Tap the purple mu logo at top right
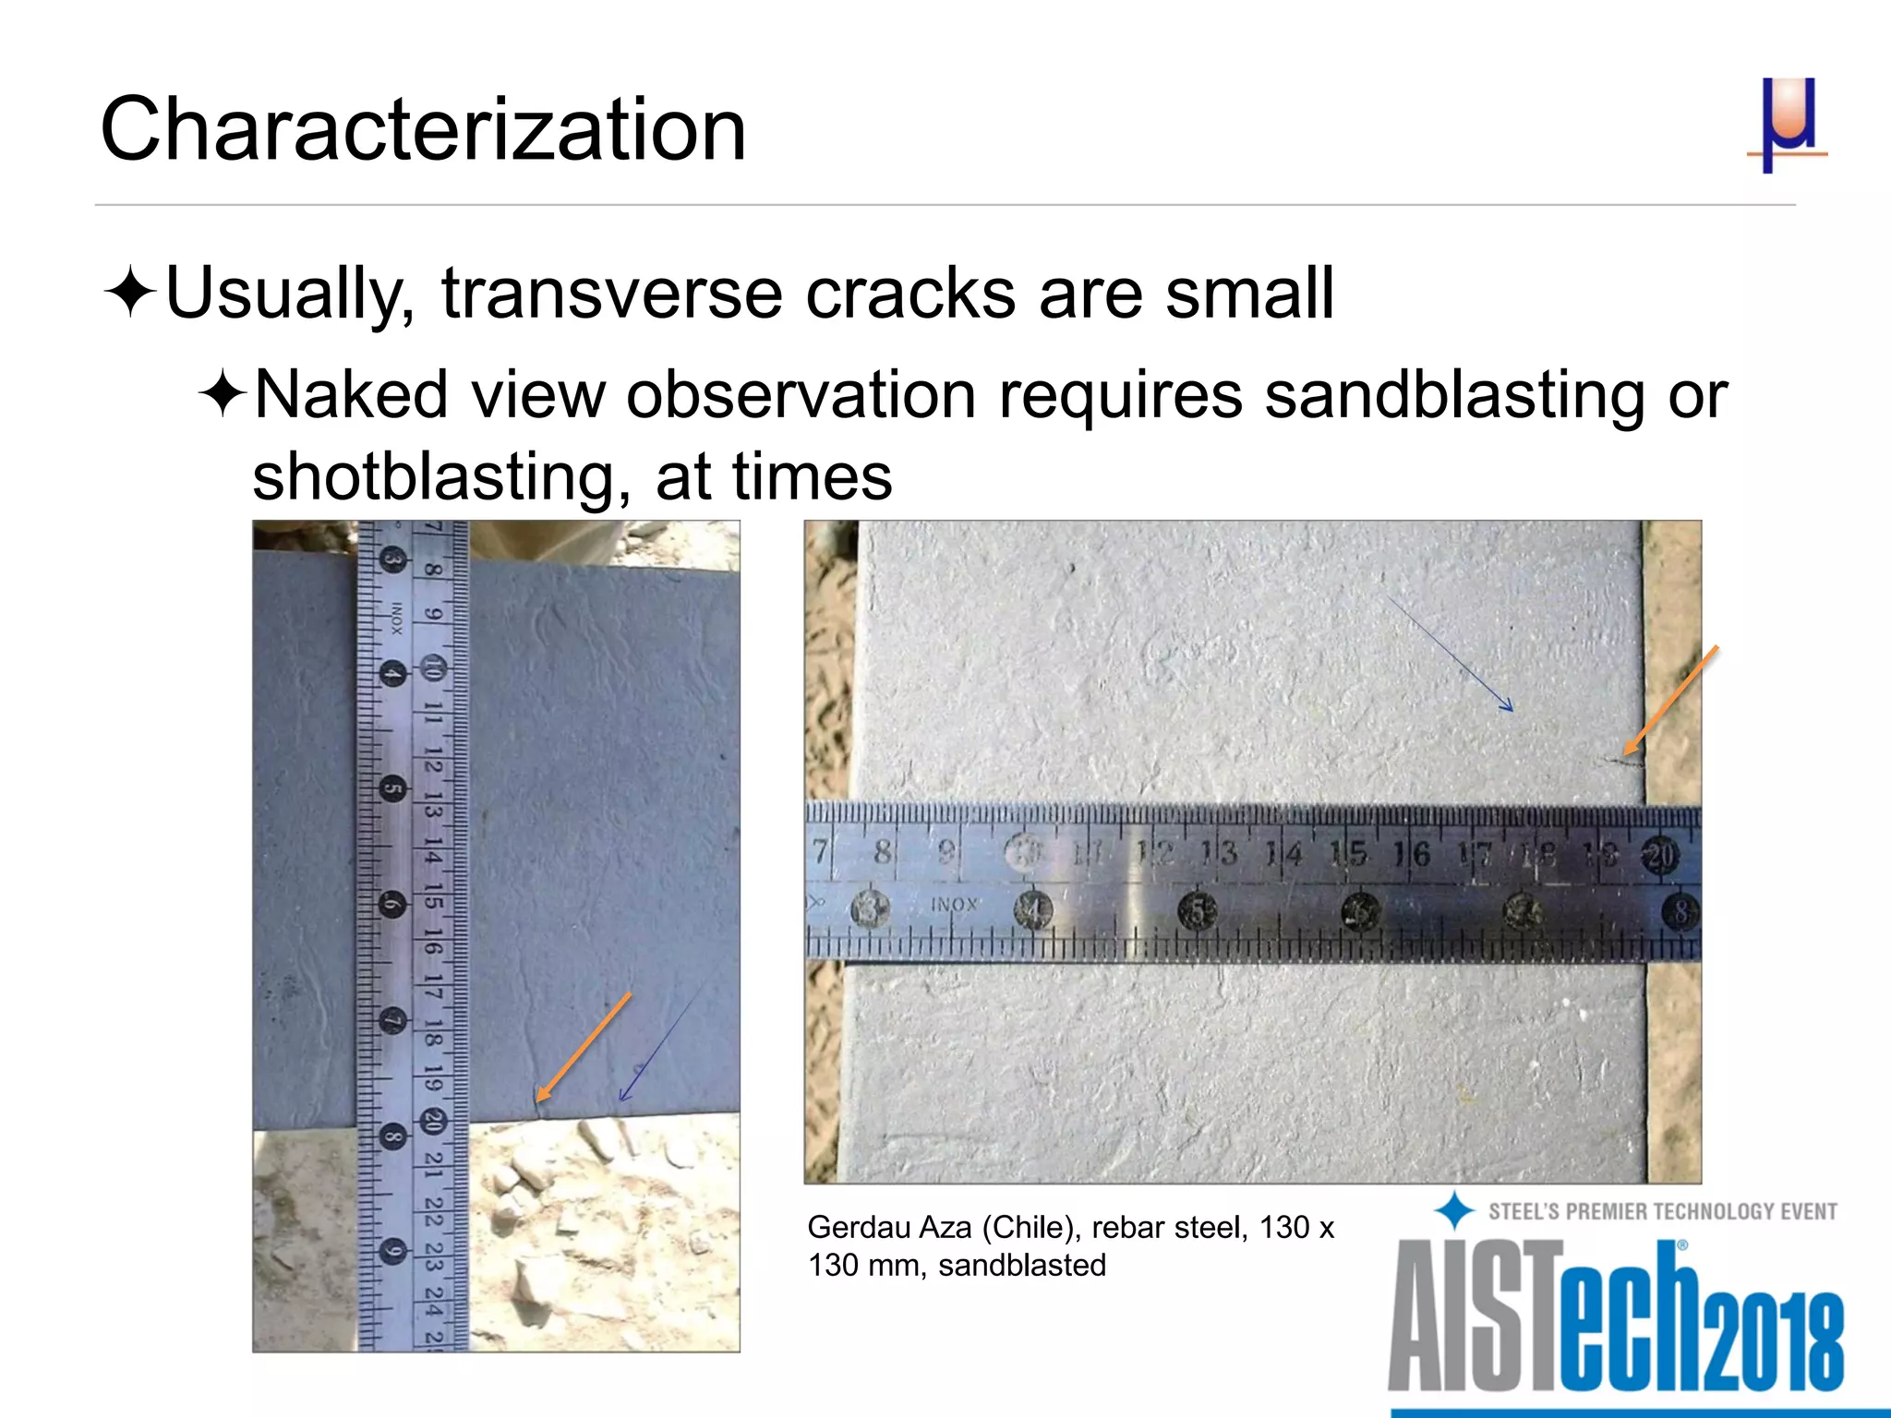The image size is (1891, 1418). (x=1788, y=124)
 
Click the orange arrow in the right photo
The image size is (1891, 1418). (x=1671, y=700)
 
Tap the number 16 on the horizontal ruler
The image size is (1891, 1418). (x=1411, y=854)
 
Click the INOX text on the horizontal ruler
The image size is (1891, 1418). (x=953, y=905)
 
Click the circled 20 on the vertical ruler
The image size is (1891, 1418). (x=432, y=1122)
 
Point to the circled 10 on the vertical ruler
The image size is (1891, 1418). (x=432, y=667)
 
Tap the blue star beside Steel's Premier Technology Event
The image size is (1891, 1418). (x=1454, y=1210)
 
